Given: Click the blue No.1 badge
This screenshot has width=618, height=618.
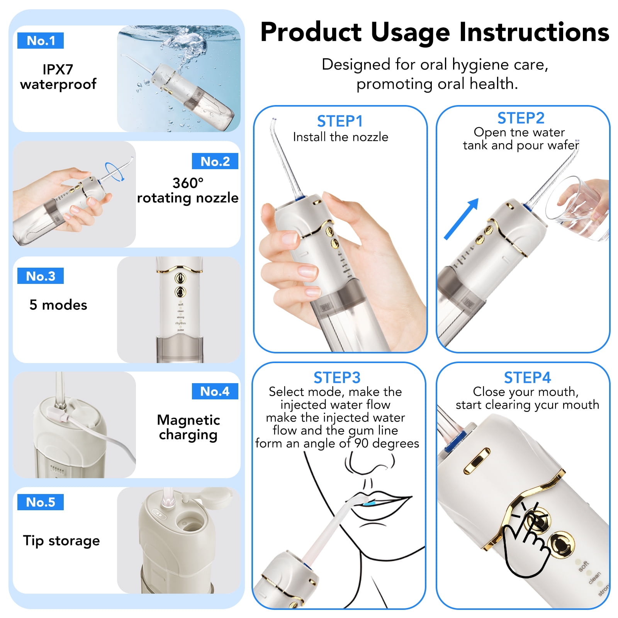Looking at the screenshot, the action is click(41, 41).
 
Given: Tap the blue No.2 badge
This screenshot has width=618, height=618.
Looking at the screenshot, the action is click(215, 161).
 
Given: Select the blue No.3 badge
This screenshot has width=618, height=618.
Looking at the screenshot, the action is click(41, 276).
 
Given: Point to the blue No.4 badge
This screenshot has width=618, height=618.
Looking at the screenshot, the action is click(215, 391).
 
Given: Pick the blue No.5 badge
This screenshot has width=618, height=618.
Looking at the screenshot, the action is click(41, 502).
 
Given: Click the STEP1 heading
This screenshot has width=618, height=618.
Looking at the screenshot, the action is click(340, 121).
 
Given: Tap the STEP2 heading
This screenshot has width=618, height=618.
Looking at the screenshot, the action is click(521, 118).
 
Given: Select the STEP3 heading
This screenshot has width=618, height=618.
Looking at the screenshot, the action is click(337, 377).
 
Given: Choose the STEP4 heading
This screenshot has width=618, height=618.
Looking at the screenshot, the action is click(527, 377).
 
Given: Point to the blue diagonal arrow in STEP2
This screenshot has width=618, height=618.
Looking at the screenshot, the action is click(462, 219).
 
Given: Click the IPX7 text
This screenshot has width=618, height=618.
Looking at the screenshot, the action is click(58, 70).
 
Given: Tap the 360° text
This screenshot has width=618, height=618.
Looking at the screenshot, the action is click(188, 183).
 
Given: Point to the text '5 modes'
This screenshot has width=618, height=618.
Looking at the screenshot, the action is click(58, 305).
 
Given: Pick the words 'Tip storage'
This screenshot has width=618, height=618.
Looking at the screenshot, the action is click(61, 540).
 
